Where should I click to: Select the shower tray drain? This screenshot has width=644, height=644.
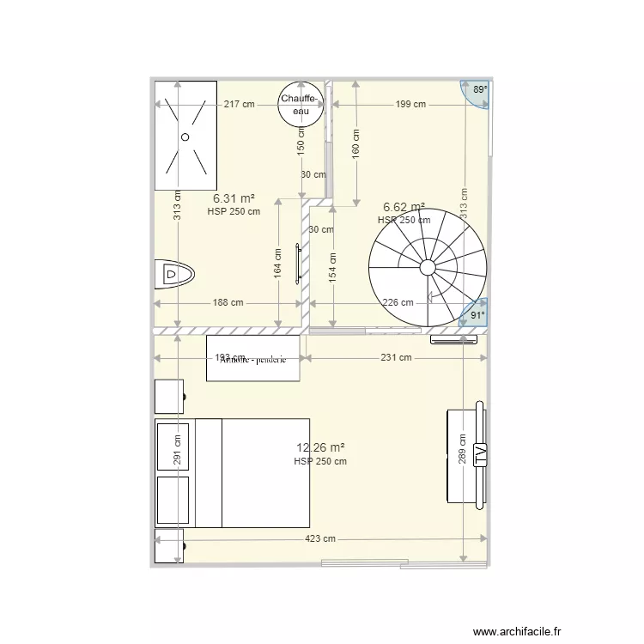click(184, 137)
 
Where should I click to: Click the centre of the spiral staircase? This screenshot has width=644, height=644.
click(428, 265)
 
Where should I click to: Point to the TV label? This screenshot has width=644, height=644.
click(480, 455)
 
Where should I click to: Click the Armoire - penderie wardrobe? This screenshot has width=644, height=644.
click(252, 358)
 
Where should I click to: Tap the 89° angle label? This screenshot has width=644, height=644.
click(480, 89)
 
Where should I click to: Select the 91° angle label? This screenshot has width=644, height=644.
click(477, 315)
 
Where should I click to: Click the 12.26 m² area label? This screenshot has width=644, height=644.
click(320, 447)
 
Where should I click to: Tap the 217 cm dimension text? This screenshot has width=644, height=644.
click(239, 105)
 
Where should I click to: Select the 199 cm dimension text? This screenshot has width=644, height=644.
click(410, 105)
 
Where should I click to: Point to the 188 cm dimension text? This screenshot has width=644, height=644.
click(228, 302)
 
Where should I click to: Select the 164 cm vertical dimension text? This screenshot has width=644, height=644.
click(278, 263)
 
